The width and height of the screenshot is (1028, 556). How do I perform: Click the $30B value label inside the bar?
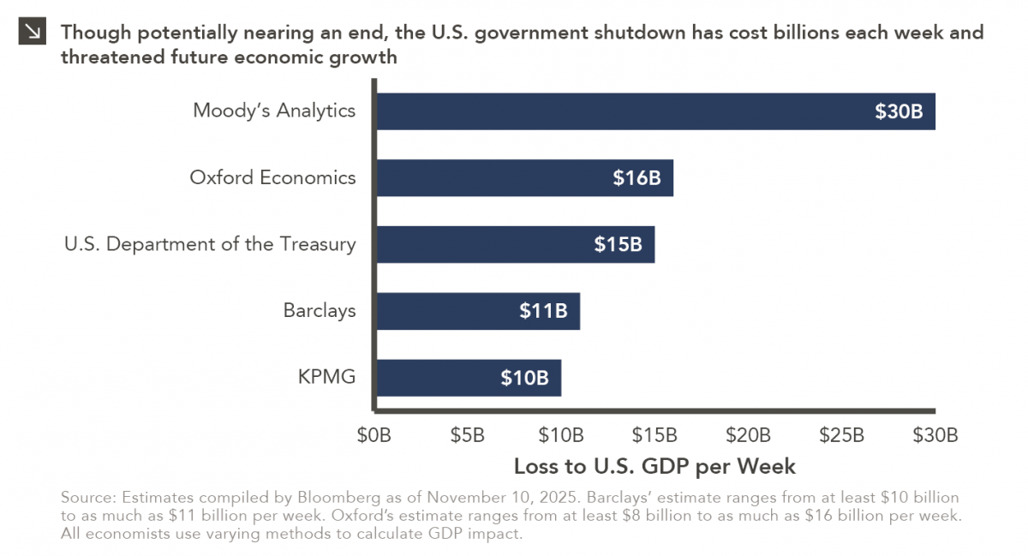point(899,111)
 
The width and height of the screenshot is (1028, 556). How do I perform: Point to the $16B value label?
point(637,178)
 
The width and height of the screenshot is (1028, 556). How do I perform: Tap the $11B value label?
point(543,311)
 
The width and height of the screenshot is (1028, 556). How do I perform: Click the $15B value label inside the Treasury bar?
point(618,244)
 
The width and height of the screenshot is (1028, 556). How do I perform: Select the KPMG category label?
point(327,377)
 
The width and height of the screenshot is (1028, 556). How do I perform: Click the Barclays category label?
point(319,310)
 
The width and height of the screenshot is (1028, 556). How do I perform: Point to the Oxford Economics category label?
point(272,177)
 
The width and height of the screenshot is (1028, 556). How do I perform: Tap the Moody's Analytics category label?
point(274,111)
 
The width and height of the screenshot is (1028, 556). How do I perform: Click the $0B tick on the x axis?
point(374,434)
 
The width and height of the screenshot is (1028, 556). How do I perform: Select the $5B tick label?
point(468,434)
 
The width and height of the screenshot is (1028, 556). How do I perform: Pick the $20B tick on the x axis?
point(748,434)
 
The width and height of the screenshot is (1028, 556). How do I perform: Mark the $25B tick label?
point(841,434)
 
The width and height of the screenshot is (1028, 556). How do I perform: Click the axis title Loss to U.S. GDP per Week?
point(654,467)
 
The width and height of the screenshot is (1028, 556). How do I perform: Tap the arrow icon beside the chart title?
point(33,33)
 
